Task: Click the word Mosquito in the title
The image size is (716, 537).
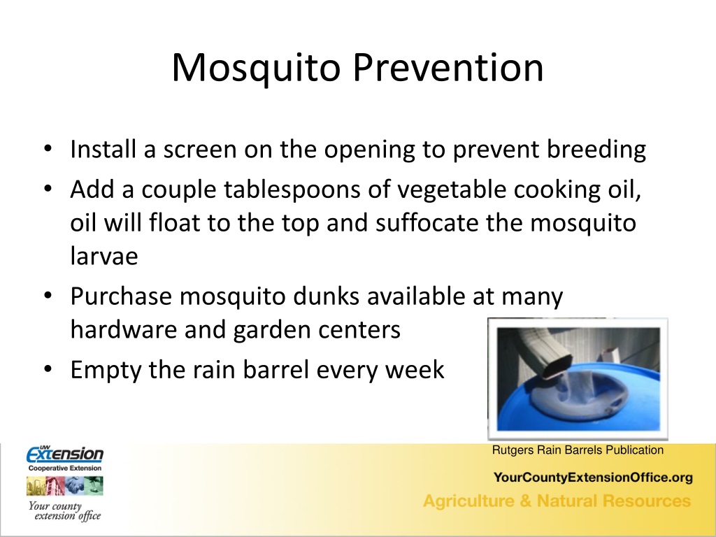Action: pyautogui.click(x=256, y=69)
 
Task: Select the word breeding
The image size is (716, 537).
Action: pyautogui.click(x=596, y=150)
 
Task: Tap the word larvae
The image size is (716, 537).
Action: pyautogui.click(x=104, y=256)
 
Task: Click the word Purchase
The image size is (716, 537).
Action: pyautogui.click(x=121, y=296)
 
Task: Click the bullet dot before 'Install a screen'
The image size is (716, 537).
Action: pyautogui.click(x=48, y=150)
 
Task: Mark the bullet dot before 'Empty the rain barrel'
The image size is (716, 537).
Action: pyautogui.click(x=48, y=368)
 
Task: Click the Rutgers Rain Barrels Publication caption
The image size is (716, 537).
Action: pyautogui.click(x=578, y=450)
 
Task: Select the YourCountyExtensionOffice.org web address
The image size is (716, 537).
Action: pyautogui.click(x=593, y=478)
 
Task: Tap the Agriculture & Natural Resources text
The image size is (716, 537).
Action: pyautogui.click(x=557, y=501)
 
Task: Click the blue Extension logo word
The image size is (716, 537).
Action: pyautogui.click(x=65, y=454)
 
